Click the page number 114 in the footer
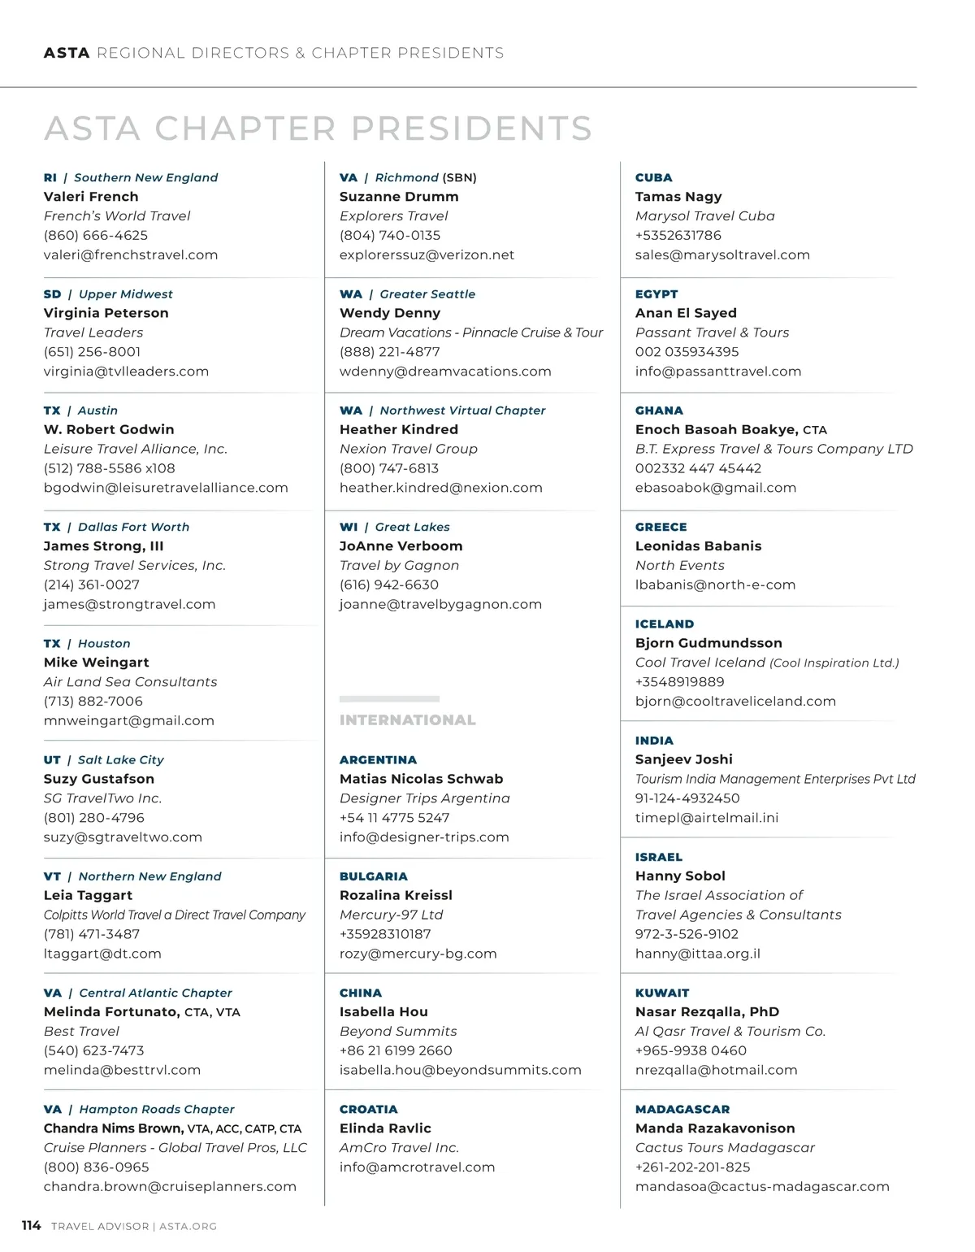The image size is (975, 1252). point(31,1225)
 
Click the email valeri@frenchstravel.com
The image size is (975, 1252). point(131,254)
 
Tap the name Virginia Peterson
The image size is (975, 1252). point(106,313)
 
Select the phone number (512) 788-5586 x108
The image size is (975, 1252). point(110,468)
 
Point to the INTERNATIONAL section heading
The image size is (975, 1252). point(408,720)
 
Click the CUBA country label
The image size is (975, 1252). point(654,177)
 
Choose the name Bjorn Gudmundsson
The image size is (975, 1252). point(708,643)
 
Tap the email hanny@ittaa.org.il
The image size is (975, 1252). point(698,954)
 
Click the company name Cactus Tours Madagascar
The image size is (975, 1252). point(725,1148)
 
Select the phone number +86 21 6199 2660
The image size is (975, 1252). point(396,1050)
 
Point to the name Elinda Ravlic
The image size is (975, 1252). point(385,1128)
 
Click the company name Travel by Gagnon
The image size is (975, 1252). point(399,565)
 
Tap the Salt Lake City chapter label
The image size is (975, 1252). point(120,760)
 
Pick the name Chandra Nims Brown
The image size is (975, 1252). point(113,1128)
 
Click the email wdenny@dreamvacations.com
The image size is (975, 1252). point(445,372)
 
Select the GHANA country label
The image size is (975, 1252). point(659,411)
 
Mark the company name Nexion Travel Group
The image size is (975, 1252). point(409,449)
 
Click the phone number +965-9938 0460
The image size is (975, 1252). point(691,1050)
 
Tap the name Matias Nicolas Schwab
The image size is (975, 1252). point(422,779)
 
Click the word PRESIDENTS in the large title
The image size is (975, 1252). point(472,128)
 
